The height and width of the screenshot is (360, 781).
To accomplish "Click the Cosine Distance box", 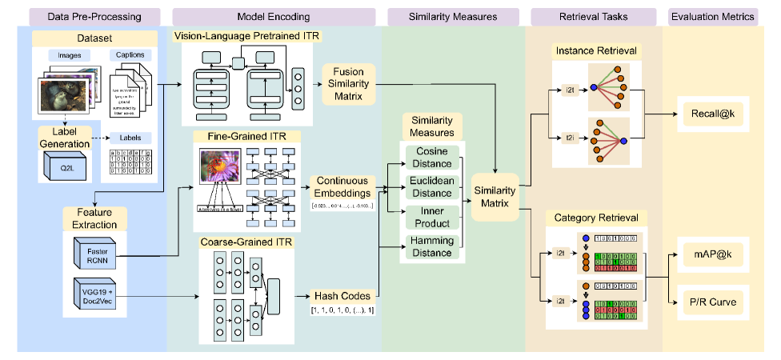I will point(432,158).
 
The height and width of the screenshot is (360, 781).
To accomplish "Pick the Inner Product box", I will point(432,218).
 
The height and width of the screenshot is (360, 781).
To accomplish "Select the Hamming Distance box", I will point(432,246).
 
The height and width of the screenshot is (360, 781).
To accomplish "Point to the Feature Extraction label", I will point(94,218).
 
